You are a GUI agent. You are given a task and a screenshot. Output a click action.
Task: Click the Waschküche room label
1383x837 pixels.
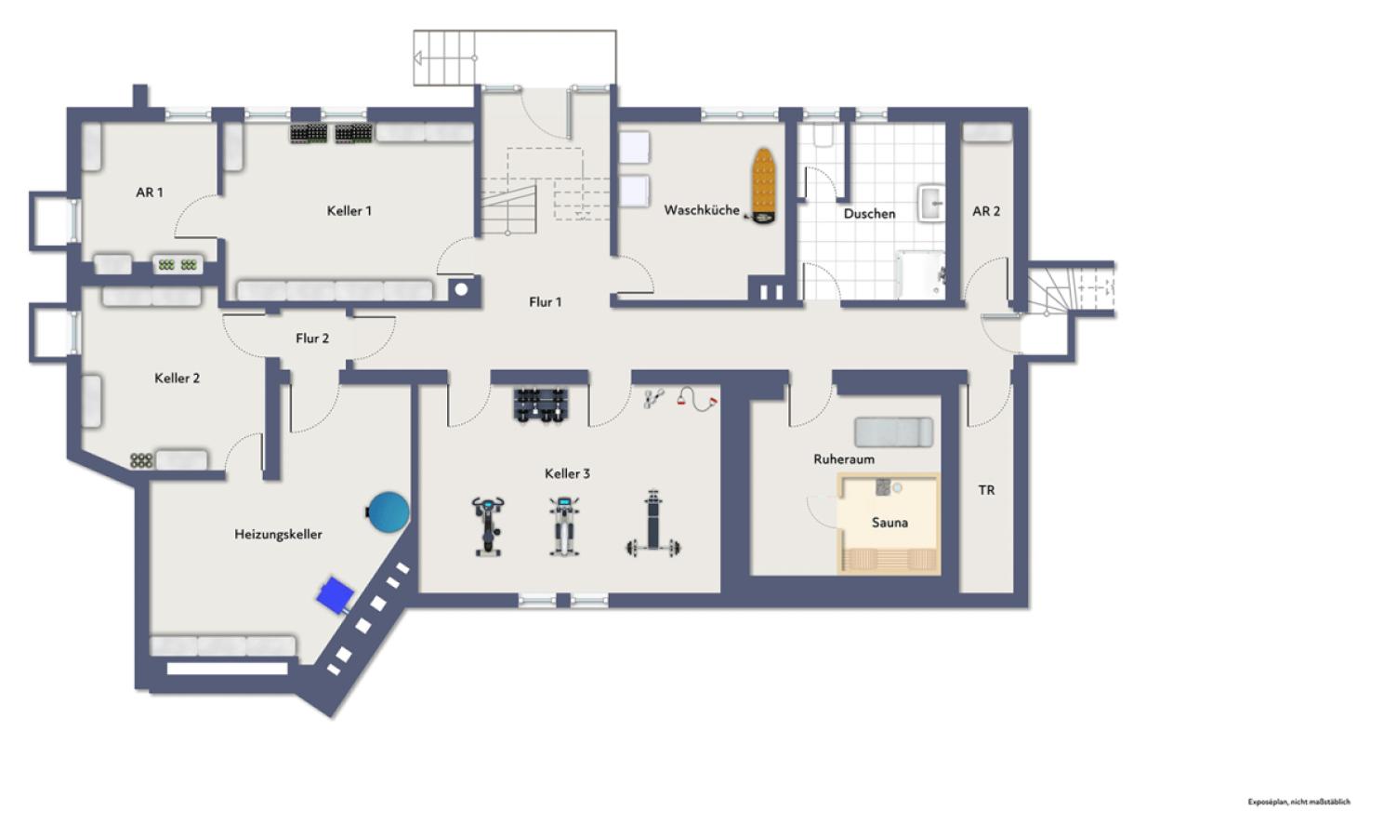702,210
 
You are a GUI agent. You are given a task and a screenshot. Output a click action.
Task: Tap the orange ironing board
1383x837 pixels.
763,185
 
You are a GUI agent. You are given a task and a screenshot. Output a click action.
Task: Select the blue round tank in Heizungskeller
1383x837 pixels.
388,511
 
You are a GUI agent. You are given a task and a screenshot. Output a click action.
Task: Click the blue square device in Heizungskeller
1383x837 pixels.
336,595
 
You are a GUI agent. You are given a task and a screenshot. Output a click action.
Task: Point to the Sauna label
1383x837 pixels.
889,523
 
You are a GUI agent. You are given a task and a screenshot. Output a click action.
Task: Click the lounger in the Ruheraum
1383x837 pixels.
893,432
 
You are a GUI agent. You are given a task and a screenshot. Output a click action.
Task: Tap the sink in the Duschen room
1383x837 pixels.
931,203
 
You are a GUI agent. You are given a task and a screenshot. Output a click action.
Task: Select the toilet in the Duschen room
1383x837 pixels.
823,135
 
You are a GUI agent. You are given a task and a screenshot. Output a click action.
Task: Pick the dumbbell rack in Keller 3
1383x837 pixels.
540,405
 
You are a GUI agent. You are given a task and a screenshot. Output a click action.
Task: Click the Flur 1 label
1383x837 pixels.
546,302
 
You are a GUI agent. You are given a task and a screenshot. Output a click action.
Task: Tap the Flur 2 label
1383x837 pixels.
312,339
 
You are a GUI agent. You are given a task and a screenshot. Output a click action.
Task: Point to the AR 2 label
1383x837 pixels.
986,211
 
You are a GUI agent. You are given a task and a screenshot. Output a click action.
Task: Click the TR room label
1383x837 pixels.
987,490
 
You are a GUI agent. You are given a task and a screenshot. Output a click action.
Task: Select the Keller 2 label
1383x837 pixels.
178,378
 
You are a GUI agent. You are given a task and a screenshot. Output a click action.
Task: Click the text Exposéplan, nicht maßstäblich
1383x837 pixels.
1299,802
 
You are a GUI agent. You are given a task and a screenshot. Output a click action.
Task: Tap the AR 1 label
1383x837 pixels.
150,193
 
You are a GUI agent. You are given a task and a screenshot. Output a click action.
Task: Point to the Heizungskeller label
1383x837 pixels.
279,535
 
